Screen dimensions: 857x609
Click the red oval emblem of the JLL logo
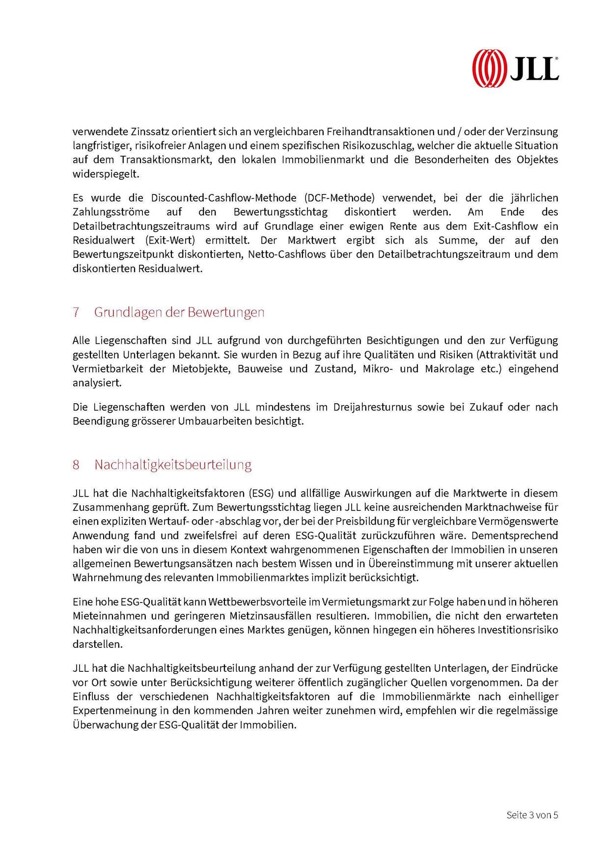(x=489, y=68)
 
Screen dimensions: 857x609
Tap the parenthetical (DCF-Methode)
(x=339, y=198)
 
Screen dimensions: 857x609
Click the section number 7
(x=76, y=312)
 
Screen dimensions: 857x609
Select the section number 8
(x=76, y=465)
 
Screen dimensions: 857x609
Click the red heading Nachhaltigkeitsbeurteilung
(x=173, y=465)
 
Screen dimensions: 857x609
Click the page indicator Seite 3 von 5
(x=532, y=815)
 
